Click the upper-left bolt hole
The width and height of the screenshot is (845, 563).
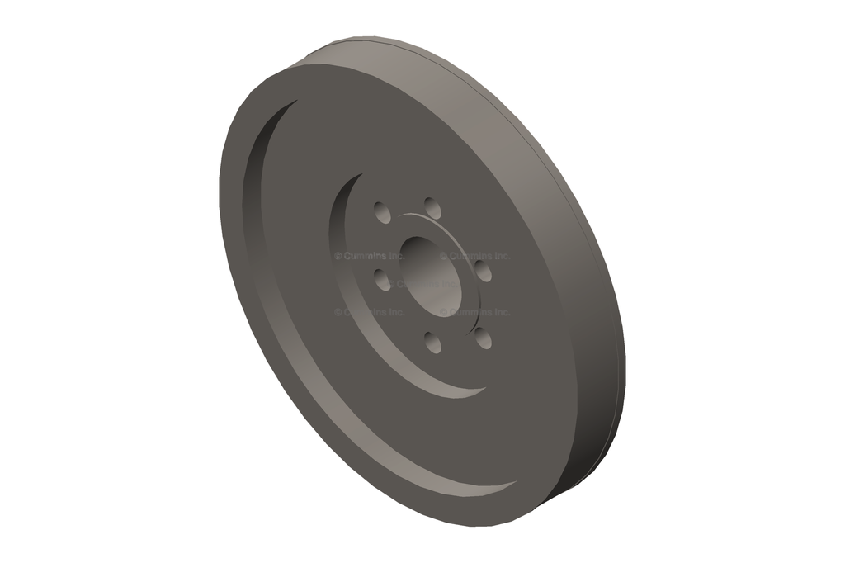coord(382,212)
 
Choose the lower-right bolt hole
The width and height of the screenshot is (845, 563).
coord(484,337)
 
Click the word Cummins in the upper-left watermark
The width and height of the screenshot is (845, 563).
coord(364,257)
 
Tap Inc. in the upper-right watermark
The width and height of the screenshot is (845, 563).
coord(498,257)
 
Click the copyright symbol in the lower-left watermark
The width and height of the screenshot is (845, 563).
coord(338,313)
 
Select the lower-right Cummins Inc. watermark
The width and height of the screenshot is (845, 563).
coord(475,313)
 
